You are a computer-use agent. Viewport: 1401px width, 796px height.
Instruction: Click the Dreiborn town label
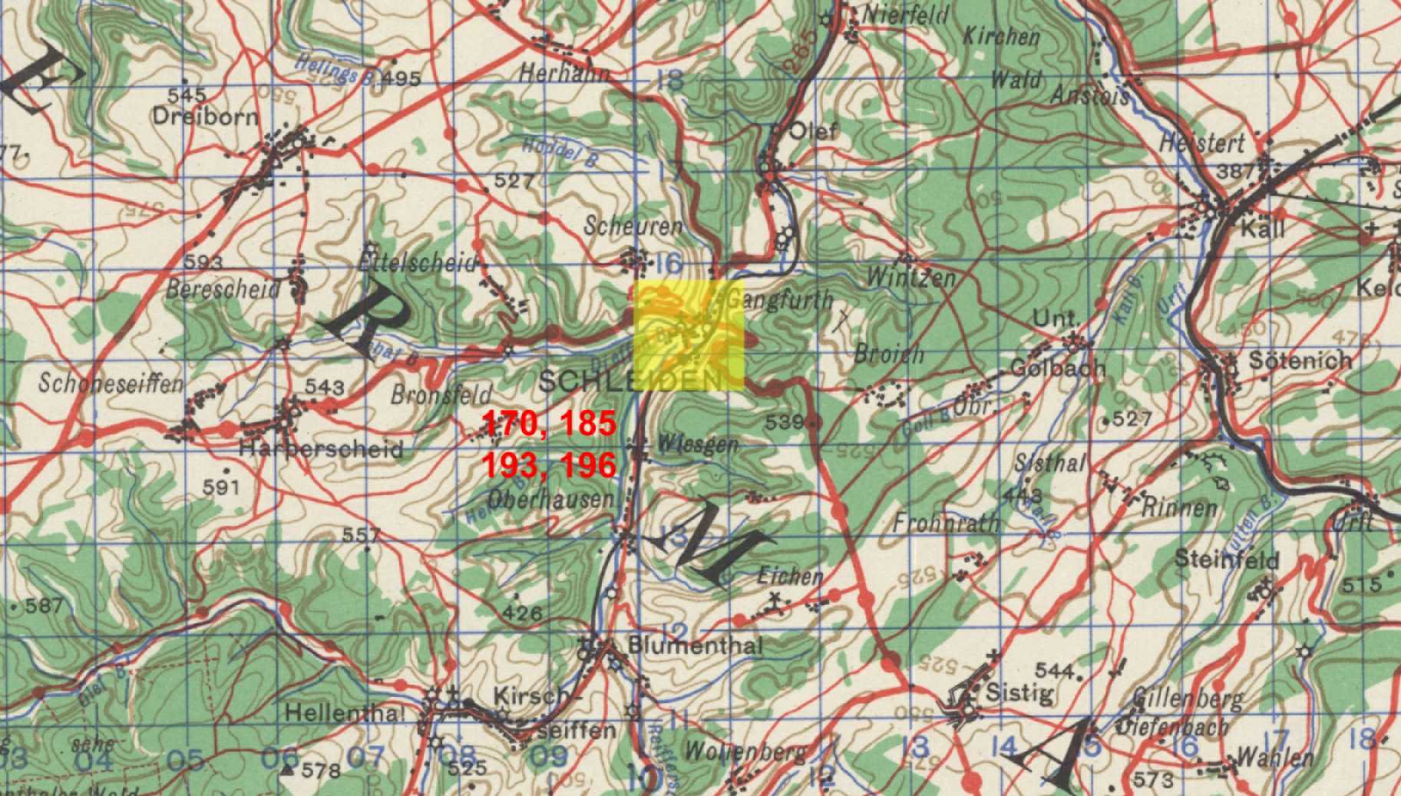205,117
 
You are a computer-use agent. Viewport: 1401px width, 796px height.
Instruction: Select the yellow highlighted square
689,337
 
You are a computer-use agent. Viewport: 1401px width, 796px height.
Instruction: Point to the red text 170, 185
549,423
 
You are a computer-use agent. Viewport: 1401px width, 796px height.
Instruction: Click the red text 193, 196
549,464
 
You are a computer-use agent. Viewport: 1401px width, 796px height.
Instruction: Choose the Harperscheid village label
321,448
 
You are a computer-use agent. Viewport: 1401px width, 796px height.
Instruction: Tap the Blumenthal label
696,645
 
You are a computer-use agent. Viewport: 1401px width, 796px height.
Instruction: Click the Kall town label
1261,229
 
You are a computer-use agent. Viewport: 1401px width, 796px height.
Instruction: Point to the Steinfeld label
1227,560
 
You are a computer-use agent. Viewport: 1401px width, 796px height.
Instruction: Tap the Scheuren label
633,226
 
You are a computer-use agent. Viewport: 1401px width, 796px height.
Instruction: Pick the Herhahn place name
564,73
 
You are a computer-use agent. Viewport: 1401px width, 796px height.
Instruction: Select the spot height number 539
785,421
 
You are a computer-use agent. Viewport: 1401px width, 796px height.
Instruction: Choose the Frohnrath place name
947,523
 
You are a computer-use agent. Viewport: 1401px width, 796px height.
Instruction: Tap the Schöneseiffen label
111,383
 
